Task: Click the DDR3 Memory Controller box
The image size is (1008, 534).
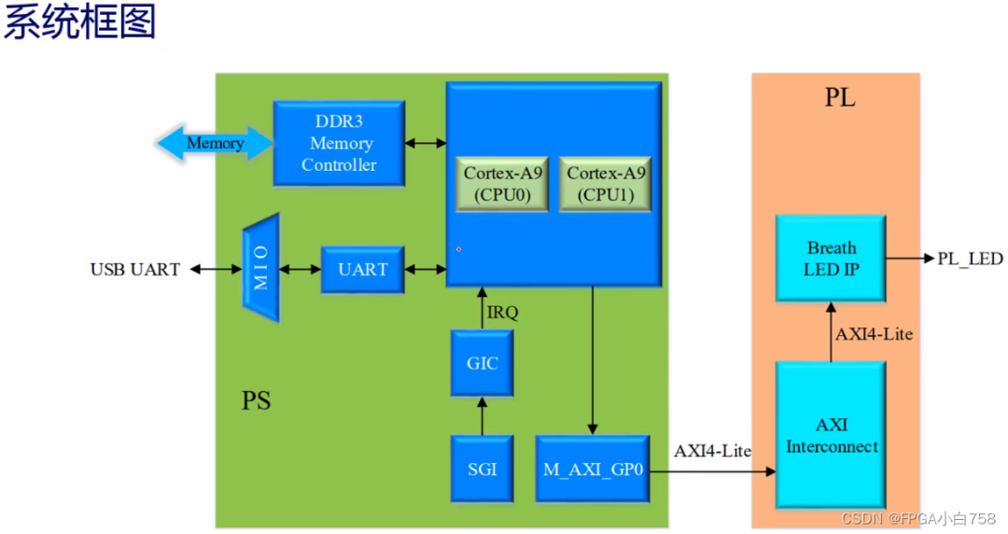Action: click(339, 144)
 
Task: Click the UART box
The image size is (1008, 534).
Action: click(362, 270)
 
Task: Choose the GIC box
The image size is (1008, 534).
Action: click(483, 363)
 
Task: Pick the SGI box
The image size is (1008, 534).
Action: click(483, 469)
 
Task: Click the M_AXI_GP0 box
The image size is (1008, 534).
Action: click(594, 469)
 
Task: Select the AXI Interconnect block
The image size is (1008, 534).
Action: click(831, 435)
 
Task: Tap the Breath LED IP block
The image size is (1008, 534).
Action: click(831, 259)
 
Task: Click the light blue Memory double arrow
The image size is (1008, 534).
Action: click(215, 144)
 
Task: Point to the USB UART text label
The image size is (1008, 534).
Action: click(134, 270)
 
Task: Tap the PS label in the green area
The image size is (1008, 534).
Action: click(257, 401)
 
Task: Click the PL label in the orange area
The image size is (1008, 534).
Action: click(840, 98)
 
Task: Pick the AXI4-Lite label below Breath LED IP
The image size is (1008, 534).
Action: click(874, 333)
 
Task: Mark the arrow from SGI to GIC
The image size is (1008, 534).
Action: click(483, 416)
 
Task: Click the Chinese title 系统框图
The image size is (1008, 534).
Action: click(79, 22)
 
